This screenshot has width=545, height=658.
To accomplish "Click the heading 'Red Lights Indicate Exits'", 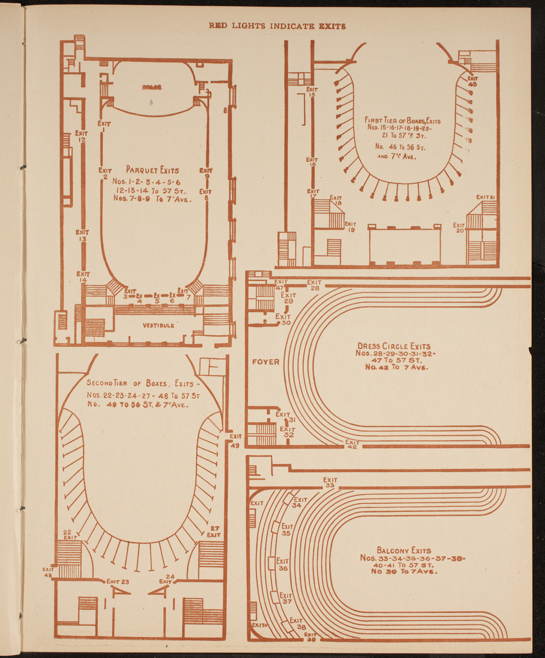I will pyautogui.click(x=277, y=26).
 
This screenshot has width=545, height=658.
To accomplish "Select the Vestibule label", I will pyautogui.click(x=158, y=325).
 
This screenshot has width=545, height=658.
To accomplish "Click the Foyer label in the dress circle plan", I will pyautogui.click(x=266, y=362).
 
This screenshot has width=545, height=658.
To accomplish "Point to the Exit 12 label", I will pyautogui.click(x=82, y=136).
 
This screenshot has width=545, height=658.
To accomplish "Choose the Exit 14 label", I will pyautogui.click(x=82, y=277).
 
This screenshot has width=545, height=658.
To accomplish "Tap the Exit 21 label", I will pyautogui.click(x=486, y=197).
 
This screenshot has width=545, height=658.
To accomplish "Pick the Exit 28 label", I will pyautogui.click(x=314, y=285).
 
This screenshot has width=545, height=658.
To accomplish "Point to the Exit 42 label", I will pyautogui.click(x=352, y=445).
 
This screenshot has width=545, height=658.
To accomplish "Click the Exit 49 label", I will pyautogui.click(x=235, y=441).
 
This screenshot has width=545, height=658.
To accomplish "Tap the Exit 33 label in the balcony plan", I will pyautogui.click(x=330, y=483).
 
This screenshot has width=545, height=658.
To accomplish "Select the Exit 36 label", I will pyautogui.click(x=282, y=565).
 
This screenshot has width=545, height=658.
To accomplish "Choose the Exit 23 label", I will pyautogui.click(x=118, y=582).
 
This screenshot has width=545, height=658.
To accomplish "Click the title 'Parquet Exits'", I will pyautogui.click(x=152, y=170).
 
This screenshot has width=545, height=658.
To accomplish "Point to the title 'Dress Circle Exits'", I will pyautogui.click(x=394, y=346).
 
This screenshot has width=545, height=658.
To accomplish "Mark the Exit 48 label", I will pyautogui.click(x=48, y=572).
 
